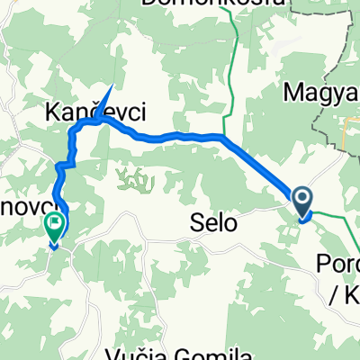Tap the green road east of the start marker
coord(337,217)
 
